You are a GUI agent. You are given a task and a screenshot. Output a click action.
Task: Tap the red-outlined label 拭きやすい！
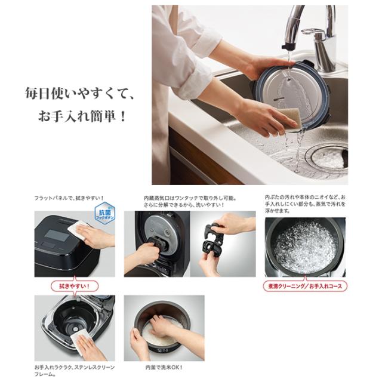[x=75, y=286]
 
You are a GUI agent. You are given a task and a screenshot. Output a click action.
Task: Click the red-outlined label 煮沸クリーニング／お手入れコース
[x=305, y=286]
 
